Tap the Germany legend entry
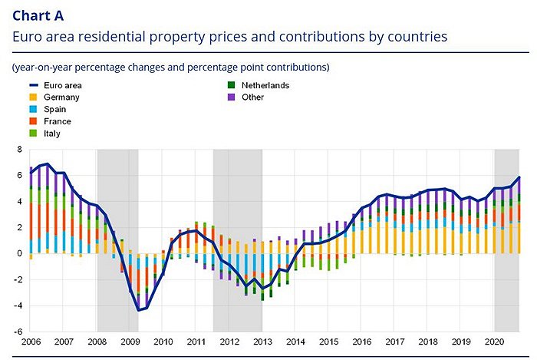[61, 97]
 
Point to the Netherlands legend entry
[265, 85]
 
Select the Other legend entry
[252, 97]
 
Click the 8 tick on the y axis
[20, 149]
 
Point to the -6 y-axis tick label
[18, 332]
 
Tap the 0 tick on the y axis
[20, 253]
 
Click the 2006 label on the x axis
[31, 341]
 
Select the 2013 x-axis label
[262, 341]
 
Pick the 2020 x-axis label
[494, 341]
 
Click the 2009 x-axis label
[130, 341]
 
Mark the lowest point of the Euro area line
[138, 310]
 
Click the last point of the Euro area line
[519, 177]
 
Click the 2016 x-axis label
[361, 341]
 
